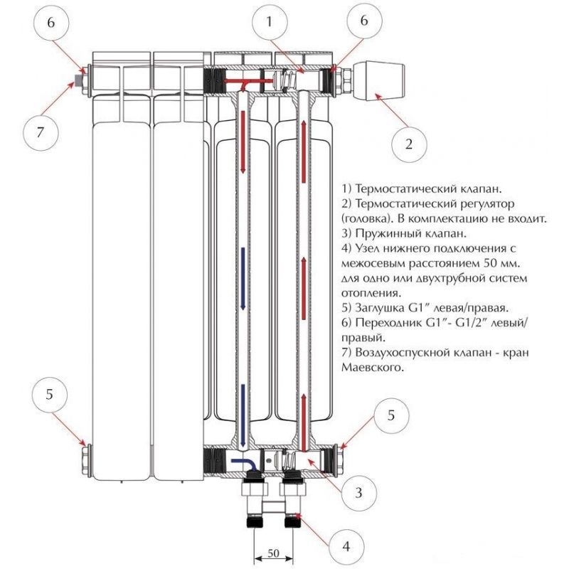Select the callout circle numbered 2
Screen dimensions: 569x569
[408, 144]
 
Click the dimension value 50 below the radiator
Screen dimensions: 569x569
[273, 553]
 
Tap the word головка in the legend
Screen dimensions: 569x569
[368, 218]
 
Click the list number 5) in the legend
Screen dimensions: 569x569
[346, 308]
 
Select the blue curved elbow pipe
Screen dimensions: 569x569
[242, 462]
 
